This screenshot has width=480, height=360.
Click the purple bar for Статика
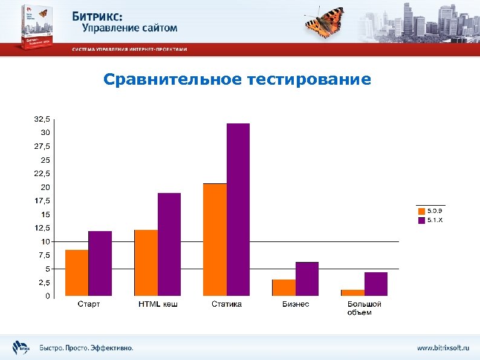238,210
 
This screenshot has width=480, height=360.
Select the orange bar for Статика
215,240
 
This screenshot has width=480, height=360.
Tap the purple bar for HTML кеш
169,244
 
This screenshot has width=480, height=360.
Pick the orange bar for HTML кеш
146,263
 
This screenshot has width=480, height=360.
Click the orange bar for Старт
77,273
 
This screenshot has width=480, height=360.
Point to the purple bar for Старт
100,264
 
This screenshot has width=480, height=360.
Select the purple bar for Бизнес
307,279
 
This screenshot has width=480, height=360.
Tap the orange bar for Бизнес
284,288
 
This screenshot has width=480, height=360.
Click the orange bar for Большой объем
353,293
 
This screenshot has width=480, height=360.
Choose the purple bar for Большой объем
376,284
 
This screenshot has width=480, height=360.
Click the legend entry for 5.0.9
430,211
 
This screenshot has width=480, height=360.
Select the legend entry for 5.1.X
430,220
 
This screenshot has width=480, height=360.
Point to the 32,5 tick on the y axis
42,119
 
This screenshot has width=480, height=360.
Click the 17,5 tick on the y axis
42,201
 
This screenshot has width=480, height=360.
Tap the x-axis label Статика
227,304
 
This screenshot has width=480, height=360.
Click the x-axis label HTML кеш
158,304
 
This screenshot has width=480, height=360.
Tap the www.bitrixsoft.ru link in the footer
443,348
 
